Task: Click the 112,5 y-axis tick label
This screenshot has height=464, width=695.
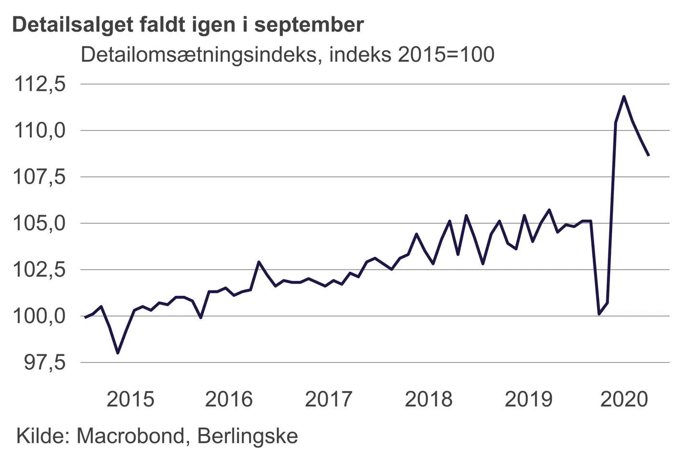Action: coord(40,84)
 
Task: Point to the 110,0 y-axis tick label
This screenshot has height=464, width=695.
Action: coord(40,130)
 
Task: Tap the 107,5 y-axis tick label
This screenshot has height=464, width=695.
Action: coord(40,177)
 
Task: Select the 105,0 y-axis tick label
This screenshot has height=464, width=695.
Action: coord(40,223)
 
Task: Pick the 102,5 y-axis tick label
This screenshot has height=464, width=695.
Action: coord(40,270)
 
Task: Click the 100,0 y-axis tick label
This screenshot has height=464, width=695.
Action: coord(40,316)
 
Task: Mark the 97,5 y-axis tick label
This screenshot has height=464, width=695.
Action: coord(45,362)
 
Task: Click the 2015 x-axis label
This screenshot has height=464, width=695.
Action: coord(130,399)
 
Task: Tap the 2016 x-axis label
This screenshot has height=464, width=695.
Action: coord(229,399)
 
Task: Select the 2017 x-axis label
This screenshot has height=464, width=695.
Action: coord(329,399)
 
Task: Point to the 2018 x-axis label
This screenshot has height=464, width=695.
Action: coord(429,399)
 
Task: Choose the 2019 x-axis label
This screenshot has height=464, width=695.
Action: coord(528,399)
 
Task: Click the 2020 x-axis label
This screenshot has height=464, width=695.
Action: coord(624,399)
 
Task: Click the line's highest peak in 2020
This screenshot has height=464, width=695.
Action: coord(624,97)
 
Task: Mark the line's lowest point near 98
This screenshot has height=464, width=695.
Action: coord(118,353)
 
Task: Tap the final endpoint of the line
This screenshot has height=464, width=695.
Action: coord(649,155)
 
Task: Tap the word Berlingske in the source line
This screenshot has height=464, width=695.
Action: coord(248,436)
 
